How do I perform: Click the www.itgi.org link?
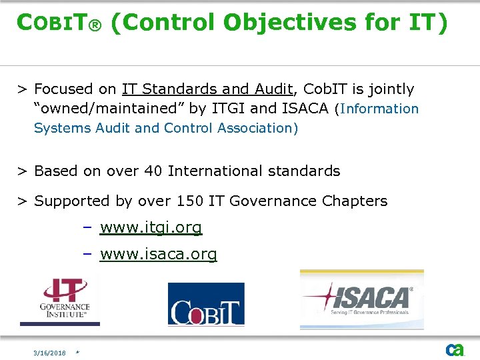[x=151, y=227]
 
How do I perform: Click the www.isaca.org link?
[x=159, y=254]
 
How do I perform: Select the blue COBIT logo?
[x=206, y=305]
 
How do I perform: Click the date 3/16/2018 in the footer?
[x=51, y=353]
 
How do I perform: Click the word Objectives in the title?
[x=290, y=23]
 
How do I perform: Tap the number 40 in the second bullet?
[x=153, y=171]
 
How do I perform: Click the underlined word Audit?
[x=274, y=89]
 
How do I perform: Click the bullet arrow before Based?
[x=22, y=171]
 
